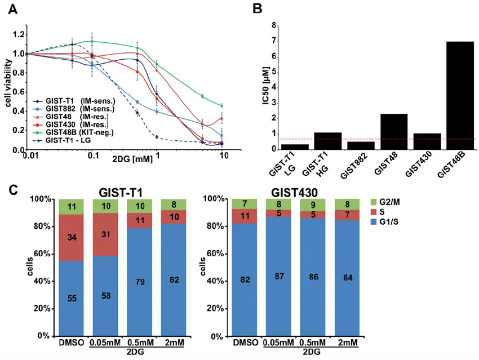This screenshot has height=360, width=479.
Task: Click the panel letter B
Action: tap(258, 8)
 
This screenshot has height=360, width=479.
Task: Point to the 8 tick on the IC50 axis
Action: tap(274, 25)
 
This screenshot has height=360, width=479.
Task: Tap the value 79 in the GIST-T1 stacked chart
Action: tap(139, 282)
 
